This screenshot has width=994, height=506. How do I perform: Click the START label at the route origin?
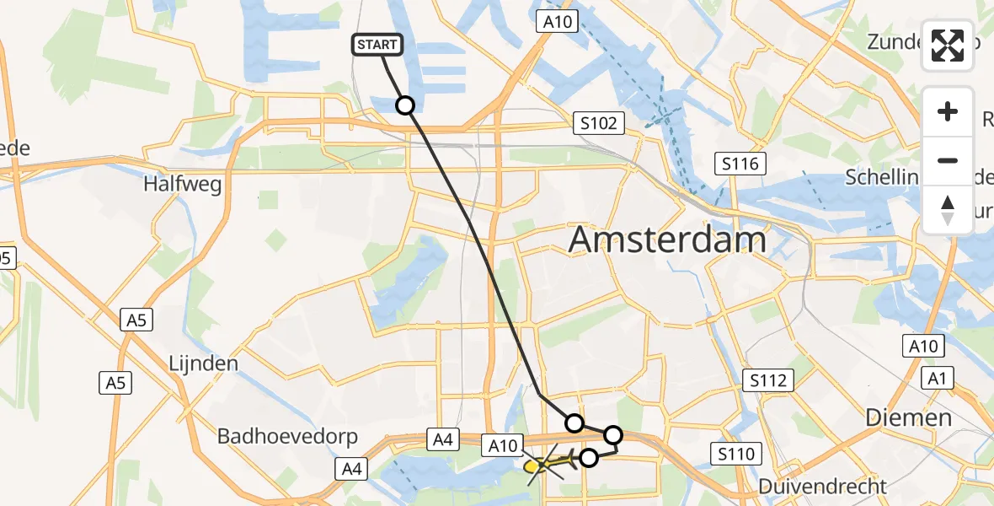(377, 45)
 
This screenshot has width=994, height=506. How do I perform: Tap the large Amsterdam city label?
(667, 240)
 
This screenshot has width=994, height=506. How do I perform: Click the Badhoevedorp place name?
(287, 436)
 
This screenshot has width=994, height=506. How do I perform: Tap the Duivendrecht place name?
(822, 486)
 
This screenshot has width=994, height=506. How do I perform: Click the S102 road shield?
(597, 123)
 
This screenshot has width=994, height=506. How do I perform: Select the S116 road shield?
(738, 164)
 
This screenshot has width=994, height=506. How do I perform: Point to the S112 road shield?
(769, 381)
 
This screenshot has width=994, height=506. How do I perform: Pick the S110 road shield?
(736, 455)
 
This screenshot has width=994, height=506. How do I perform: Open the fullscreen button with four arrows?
(948, 46)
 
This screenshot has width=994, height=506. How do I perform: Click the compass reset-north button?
(948, 209)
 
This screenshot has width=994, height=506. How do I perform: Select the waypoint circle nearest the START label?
(405, 105)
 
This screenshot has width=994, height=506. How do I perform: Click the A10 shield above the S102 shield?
(558, 22)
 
